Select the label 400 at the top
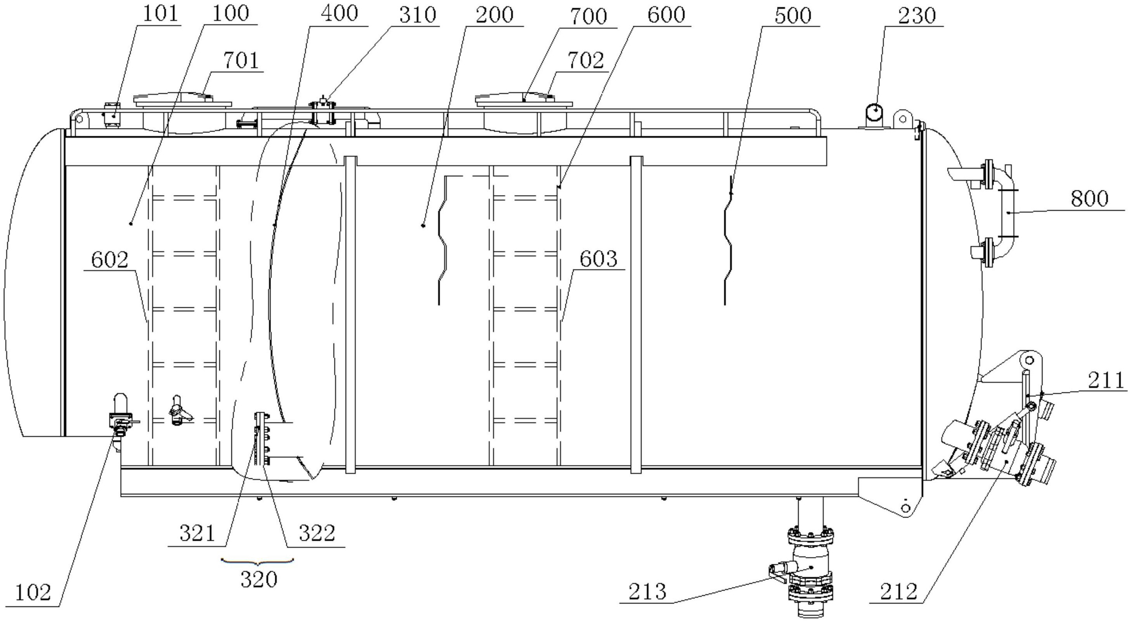point(339,14)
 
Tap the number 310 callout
point(418,15)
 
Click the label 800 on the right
point(1089,199)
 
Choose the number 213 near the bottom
point(648,591)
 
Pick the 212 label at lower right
point(899,591)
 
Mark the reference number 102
point(33,593)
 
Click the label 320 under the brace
point(259,579)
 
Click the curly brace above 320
point(257,561)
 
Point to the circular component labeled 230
point(873,115)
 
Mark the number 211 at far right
point(1106,380)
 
